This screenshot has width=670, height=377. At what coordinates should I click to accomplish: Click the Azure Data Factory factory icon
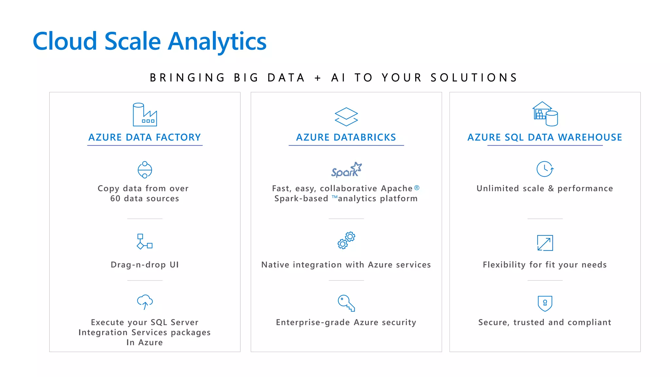(145, 115)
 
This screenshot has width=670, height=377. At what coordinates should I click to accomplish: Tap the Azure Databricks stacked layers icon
(346, 117)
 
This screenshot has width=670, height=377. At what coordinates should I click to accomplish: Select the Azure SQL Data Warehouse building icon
(545, 114)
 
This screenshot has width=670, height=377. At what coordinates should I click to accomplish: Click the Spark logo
(346, 170)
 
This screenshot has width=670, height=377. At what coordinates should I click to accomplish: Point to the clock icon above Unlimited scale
(545, 169)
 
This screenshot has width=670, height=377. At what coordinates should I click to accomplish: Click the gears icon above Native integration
(346, 241)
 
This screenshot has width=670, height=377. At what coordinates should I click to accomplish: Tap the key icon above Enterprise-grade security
(346, 303)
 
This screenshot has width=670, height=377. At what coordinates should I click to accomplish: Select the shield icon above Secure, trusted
(545, 303)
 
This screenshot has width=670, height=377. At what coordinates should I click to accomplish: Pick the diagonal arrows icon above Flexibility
(545, 243)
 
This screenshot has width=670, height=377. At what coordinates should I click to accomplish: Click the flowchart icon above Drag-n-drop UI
(145, 242)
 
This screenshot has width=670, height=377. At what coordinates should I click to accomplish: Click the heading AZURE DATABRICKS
(346, 137)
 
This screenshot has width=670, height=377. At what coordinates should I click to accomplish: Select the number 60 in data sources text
(115, 199)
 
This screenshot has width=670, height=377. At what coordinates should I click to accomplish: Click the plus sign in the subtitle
(318, 78)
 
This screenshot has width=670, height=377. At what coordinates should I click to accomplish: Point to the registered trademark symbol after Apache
(416, 188)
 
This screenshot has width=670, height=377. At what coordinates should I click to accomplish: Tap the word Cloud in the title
(65, 42)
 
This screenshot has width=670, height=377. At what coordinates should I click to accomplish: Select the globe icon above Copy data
(145, 170)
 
